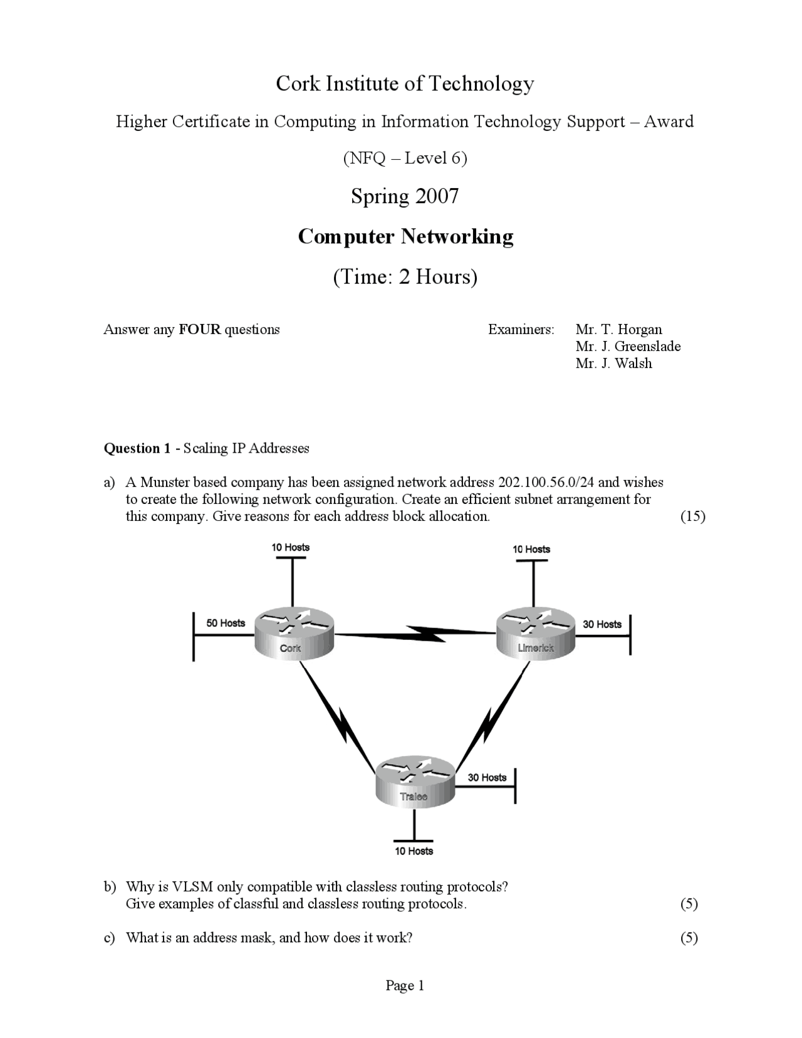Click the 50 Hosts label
click(x=226, y=622)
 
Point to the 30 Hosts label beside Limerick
click(x=601, y=624)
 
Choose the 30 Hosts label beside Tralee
click(x=487, y=777)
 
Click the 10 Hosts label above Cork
click(x=290, y=547)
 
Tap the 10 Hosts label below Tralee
click(x=414, y=851)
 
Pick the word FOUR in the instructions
click(x=200, y=329)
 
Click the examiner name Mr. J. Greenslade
click(x=628, y=346)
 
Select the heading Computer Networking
click(x=405, y=236)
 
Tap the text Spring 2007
click(x=405, y=196)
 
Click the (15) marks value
click(x=692, y=516)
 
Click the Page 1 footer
click(x=405, y=985)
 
